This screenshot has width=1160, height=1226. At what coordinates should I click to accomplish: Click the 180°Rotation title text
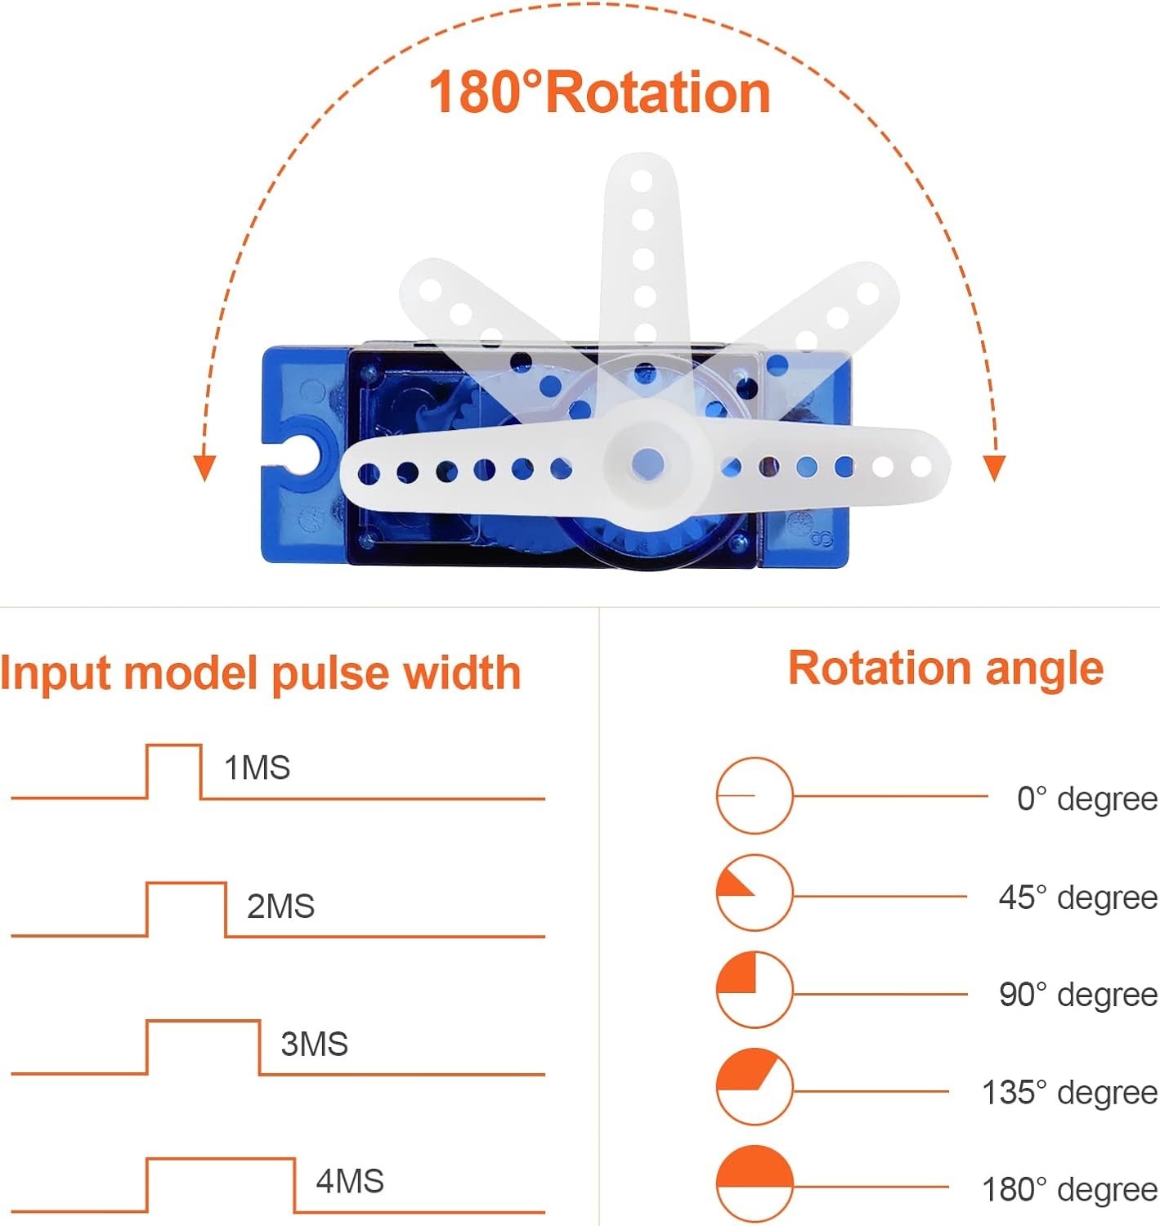(599, 92)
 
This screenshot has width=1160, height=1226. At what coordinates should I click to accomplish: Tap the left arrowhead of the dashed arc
(204, 468)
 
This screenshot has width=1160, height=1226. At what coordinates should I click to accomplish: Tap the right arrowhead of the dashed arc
(993, 468)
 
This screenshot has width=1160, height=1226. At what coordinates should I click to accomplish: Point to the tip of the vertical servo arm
(642, 168)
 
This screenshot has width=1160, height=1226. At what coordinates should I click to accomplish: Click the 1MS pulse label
(257, 768)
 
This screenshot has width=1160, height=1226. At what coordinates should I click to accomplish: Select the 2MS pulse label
(280, 906)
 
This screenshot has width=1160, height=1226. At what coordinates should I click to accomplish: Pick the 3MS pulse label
(314, 1044)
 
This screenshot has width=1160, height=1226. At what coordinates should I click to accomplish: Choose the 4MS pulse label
(350, 1181)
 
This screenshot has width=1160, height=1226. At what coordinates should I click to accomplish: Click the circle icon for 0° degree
(755, 795)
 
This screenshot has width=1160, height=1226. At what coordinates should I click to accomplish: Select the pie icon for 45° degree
(755, 893)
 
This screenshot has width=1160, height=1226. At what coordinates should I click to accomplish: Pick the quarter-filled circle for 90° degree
(755, 989)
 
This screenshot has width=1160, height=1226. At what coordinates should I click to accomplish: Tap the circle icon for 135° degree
(755, 1086)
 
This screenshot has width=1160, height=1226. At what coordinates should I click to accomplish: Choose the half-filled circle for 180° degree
(755, 1183)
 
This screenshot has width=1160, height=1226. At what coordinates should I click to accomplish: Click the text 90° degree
(1077, 995)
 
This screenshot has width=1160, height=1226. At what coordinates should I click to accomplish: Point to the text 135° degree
(1069, 1092)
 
